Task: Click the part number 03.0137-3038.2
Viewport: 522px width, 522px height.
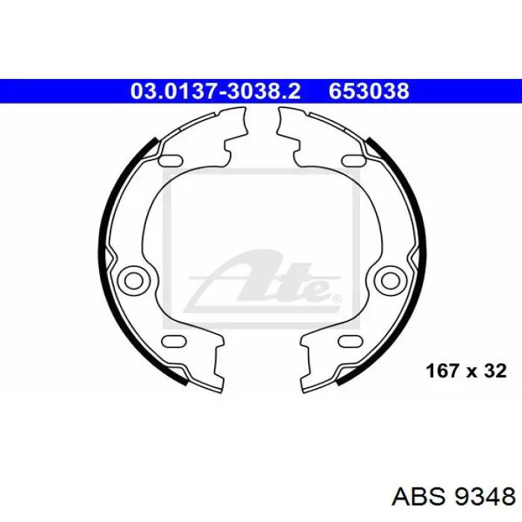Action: click(x=215, y=91)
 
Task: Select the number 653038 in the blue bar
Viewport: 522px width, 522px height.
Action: click(x=369, y=91)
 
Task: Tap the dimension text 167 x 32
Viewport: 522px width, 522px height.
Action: click(x=466, y=371)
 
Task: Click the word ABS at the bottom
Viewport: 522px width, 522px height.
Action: click(x=418, y=497)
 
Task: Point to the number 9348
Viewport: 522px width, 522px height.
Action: click(x=485, y=497)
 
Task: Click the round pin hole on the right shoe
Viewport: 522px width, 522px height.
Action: click(x=390, y=280)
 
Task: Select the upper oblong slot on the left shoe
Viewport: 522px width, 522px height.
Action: click(x=171, y=160)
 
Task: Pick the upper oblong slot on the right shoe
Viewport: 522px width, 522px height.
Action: click(x=353, y=160)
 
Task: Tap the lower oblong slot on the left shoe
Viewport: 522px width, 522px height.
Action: click(x=174, y=341)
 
